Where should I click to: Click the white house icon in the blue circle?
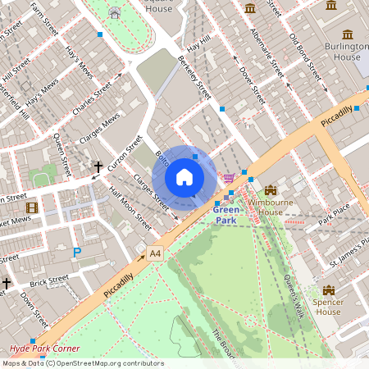tap(184, 176)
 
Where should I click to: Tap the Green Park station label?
tap(226, 215)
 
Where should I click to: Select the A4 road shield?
tap(155, 254)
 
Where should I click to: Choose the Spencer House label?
tap(328, 307)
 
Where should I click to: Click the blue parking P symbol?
tap(77, 253)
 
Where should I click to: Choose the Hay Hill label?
tap(198, 48)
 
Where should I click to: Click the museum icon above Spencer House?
tap(329, 290)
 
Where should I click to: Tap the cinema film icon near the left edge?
tap(31, 209)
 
